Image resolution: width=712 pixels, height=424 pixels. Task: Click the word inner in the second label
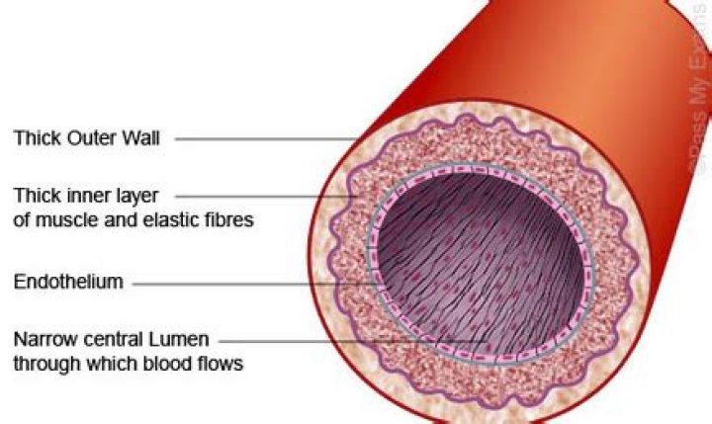(84, 196)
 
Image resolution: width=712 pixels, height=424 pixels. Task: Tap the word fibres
(227, 220)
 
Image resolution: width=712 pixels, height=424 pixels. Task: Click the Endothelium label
(68, 282)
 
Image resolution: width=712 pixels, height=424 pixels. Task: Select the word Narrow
(45, 340)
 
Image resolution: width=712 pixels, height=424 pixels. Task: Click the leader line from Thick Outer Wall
(267, 139)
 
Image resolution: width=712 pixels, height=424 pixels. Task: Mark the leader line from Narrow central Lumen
(353, 341)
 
